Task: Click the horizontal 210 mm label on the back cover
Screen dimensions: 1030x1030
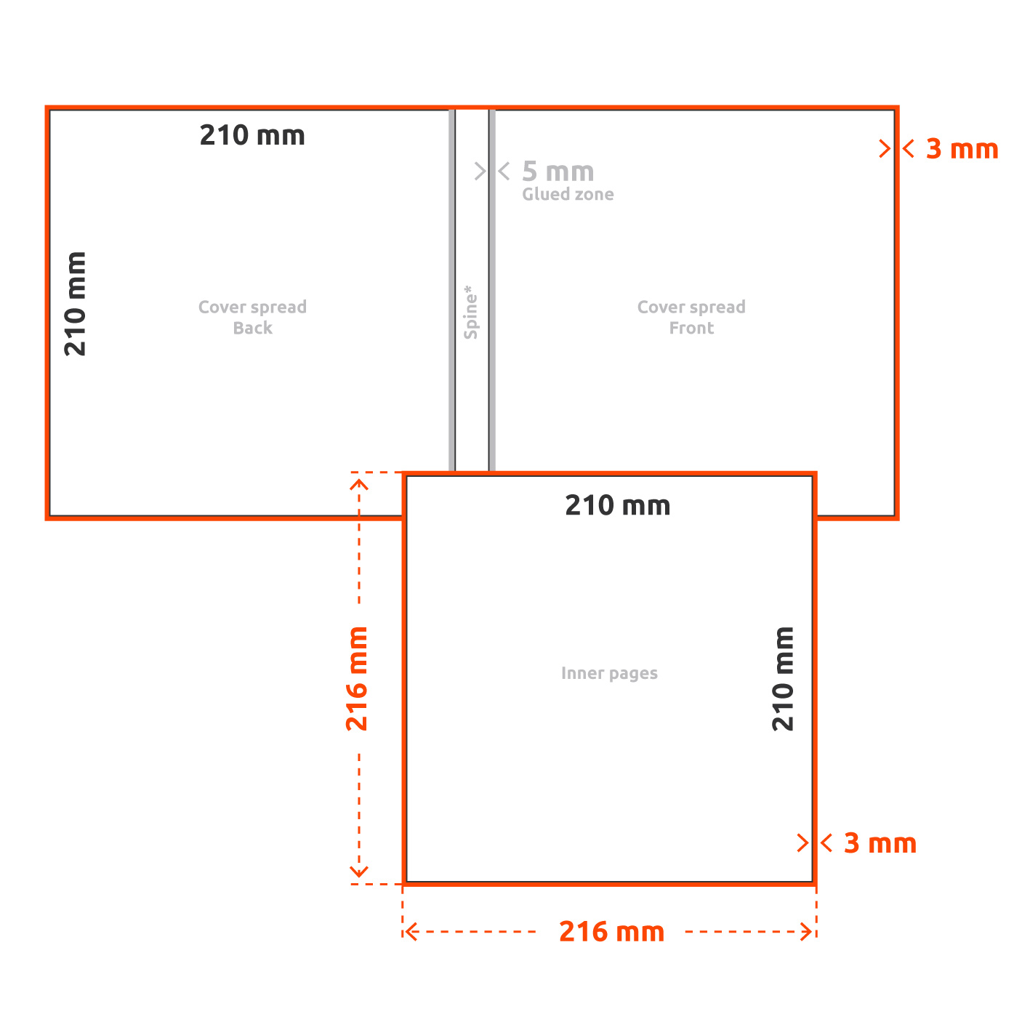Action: point(252,135)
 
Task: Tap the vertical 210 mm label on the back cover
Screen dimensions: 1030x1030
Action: point(75,304)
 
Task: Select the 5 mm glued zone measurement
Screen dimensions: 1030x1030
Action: point(558,172)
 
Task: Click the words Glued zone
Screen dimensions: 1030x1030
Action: point(568,194)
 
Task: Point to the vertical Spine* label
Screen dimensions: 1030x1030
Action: point(470,312)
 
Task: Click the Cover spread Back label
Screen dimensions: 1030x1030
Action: point(253,317)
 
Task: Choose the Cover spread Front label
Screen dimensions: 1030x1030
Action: point(691,317)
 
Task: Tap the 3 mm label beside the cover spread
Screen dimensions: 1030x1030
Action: point(962,148)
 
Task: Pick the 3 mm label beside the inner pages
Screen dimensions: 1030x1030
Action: point(880,843)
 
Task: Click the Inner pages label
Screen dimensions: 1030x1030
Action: point(609,673)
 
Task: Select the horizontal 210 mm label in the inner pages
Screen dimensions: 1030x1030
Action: point(617,505)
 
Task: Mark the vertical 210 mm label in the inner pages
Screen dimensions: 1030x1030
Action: point(783,678)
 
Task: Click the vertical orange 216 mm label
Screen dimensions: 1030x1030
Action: point(357,678)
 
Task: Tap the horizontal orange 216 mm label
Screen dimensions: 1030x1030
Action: point(611,932)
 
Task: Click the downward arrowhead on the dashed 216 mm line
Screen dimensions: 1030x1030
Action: point(358,872)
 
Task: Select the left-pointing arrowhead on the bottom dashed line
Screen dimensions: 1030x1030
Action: point(411,932)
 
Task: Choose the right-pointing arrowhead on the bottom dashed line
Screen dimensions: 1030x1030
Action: point(807,932)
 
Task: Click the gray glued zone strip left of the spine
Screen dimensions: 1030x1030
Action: point(451,290)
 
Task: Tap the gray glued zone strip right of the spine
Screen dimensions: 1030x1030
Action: point(492,290)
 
